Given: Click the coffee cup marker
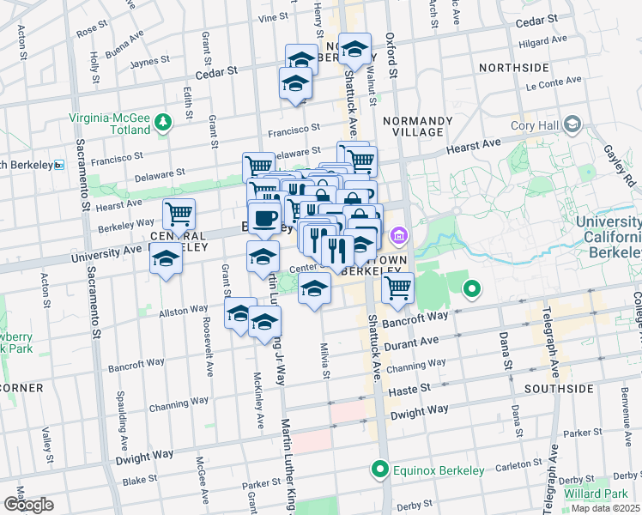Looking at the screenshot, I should pyautogui.click(x=264, y=217).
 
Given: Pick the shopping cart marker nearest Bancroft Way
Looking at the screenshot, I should pyautogui.click(x=397, y=287).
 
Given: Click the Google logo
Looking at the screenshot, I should pyautogui.click(x=27, y=506).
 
